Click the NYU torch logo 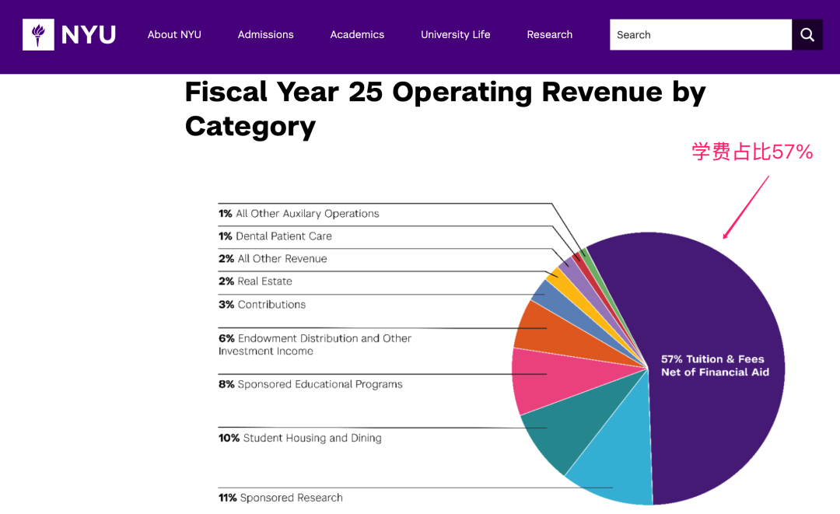coord(38,35)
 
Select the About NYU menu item coord(174,35)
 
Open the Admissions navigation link coord(265,35)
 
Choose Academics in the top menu coord(357,35)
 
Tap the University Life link coord(455,35)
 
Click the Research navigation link coord(549,35)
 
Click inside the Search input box coord(700,35)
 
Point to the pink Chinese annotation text coord(752,152)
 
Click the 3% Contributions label coord(262,305)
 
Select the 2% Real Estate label coord(255,281)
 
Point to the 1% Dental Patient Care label coord(275,236)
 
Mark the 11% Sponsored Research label coord(281,498)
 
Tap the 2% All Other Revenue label coord(273,259)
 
